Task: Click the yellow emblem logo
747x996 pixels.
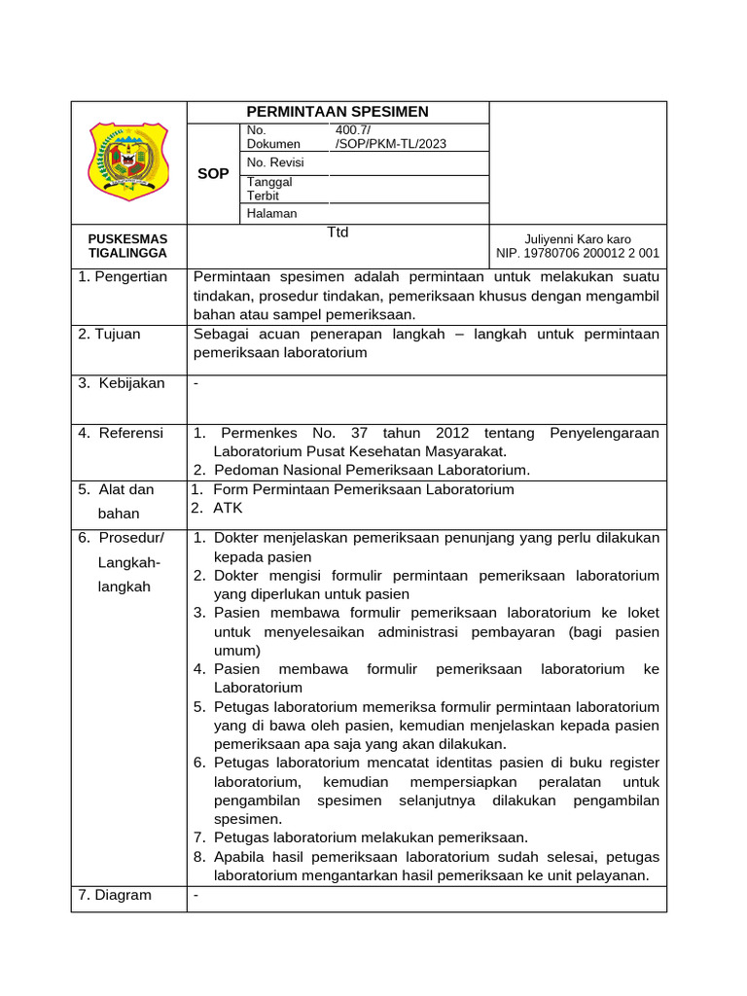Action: [128, 156]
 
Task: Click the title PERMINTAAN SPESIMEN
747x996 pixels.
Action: [338, 112]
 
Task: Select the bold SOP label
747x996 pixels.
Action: [213, 173]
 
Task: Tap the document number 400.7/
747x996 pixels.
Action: [352, 129]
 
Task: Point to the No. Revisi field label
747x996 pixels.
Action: [275, 162]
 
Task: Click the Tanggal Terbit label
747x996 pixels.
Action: [269, 189]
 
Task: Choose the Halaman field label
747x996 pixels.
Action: [272, 213]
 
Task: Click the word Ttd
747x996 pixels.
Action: [337, 232]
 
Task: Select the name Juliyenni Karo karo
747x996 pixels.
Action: [578, 239]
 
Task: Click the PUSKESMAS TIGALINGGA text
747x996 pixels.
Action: [127, 246]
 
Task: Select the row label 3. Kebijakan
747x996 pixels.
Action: [123, 383]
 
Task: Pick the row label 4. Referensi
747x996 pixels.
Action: [122, 433]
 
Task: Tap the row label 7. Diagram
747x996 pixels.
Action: [115, 895]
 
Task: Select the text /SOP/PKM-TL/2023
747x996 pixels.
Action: [390, 144]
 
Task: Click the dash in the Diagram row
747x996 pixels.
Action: [196, 895]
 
